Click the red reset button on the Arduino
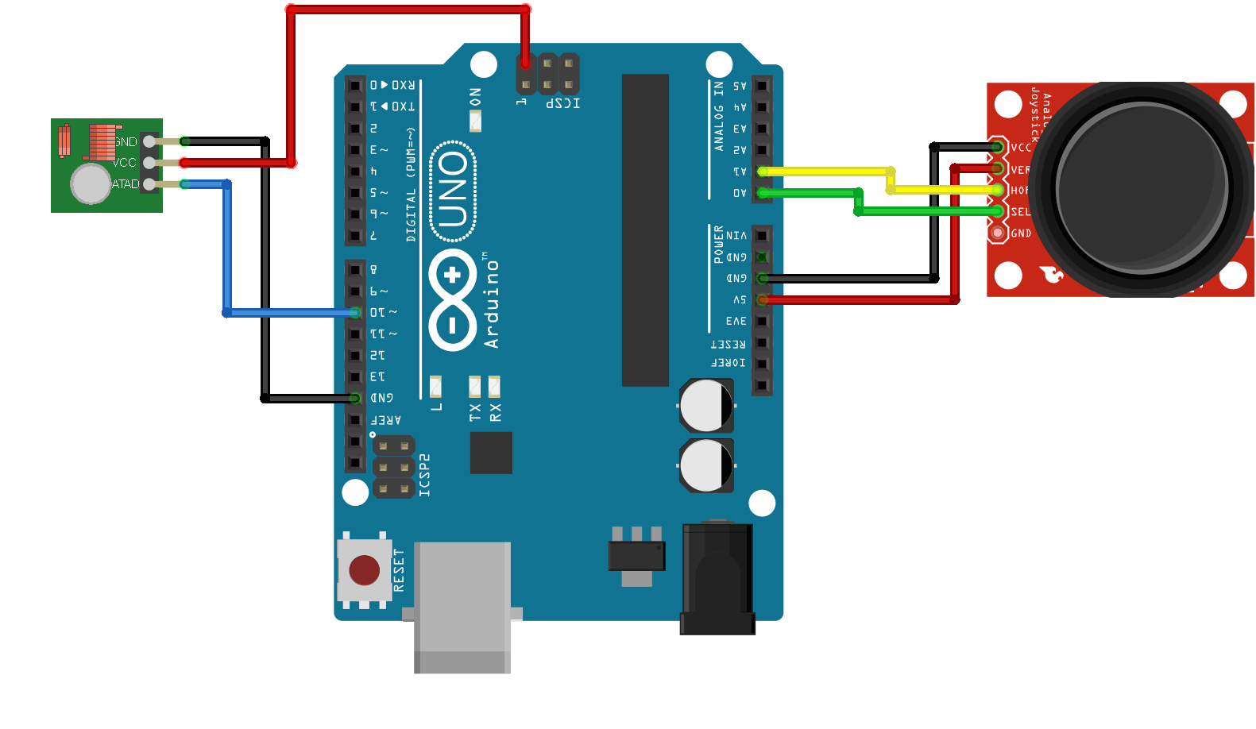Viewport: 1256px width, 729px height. (364, 570)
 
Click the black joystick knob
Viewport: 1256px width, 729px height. (1142, 189)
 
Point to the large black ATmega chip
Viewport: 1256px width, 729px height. (645, 229)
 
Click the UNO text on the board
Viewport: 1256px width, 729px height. (453, 191)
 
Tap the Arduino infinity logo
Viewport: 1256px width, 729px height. (453, 299)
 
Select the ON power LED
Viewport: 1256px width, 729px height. (475, 121)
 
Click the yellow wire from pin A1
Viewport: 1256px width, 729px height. (826, 172)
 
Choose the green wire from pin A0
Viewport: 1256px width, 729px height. (810, 193)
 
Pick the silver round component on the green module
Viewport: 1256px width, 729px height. (91, 184)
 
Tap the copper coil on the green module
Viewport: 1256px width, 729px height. (102, 142)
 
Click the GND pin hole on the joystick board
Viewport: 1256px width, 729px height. (997, 233)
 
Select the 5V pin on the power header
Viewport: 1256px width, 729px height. (762, 300)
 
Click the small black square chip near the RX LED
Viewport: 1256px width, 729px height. (491, 453)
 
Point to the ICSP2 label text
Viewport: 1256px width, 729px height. (425, 475)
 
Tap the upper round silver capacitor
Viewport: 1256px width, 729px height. (705, 405)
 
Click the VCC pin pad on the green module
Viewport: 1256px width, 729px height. (149, 163)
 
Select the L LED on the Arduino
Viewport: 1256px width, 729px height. (435, 387)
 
